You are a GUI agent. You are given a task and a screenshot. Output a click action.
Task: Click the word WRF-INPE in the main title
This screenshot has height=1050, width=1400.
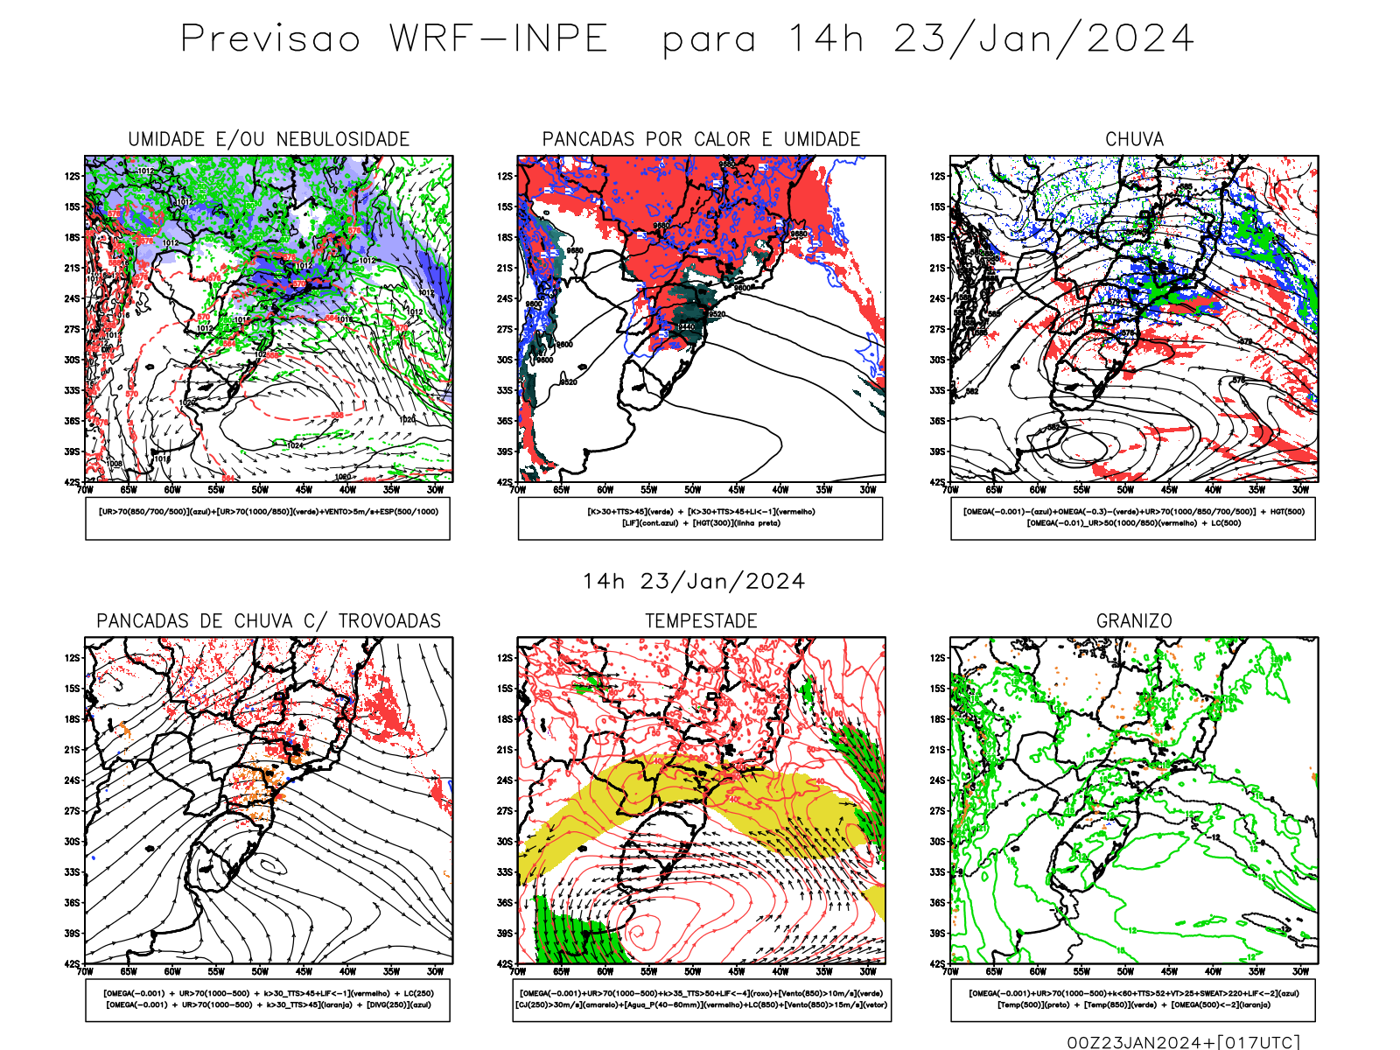[x=498, y=39]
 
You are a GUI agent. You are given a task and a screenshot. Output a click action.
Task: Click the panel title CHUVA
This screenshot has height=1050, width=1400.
[x=1134, y=139]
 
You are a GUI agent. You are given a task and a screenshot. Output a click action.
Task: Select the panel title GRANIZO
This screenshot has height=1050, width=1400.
[x=1134, y=621]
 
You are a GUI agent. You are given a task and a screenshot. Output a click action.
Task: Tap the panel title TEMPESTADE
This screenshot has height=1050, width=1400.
[x=701, y=621]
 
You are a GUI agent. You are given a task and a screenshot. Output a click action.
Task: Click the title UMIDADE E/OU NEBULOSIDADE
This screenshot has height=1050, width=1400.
[x=269, y=139]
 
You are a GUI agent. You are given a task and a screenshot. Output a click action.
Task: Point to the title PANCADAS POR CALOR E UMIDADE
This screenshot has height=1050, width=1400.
[x=701, y=139]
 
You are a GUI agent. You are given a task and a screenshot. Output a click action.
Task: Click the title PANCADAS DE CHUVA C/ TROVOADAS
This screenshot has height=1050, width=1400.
[x=269, y=621]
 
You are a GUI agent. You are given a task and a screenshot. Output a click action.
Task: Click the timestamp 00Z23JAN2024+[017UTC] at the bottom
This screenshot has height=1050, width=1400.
[x=1183, y=1042]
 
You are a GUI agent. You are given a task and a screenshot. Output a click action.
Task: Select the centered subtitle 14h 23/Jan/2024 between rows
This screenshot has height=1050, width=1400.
[x=694, y=582]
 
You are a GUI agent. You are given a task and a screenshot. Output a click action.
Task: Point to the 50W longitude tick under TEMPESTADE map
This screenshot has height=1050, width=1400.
[x=692, y=971]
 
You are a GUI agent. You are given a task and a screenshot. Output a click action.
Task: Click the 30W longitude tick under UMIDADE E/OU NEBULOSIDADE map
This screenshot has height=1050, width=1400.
[x=435, y=490]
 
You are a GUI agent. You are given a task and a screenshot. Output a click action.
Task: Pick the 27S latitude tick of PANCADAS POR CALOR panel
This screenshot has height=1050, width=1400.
[x=505, y=329]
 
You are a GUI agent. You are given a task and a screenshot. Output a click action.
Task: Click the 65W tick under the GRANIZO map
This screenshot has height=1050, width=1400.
[x=994, y=971]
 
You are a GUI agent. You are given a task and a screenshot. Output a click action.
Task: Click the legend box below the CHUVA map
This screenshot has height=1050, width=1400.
[x=1133, y=518]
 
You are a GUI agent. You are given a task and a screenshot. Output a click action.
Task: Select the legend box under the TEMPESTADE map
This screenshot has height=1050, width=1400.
[x=701, y=999]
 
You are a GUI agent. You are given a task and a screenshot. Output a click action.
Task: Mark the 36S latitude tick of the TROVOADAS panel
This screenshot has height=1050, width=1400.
[x=72, y=902]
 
